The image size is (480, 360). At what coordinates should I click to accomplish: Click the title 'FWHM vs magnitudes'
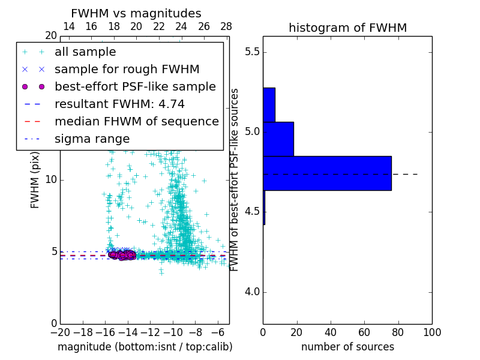pyautogui.click(x=136, y=14)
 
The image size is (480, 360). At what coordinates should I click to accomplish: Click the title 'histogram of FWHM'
pyautogui.click(x=347, y=28)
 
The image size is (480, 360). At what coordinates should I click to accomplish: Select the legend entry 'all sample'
pyautogui.click(x=85, y=52)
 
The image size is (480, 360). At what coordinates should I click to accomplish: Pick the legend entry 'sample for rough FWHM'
pyautogui.click(x=127, y=70)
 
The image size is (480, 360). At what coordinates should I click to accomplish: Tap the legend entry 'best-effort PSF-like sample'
pyautogui.click(x=135, y=87)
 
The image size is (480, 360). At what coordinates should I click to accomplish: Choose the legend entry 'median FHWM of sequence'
pyautogui.click(x=136, y=122)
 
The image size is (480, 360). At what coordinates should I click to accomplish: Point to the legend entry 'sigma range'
pyautogui.click(x=92, y=139)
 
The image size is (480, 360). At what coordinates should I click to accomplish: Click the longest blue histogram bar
pyautogui.click(x=327, y=173)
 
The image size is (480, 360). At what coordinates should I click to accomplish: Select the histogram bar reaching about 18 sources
pyautogui.click(x=278, y=139)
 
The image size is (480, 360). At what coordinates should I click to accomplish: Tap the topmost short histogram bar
pyautogui.click(x=269, y=105)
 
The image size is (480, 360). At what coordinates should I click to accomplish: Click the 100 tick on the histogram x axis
pyautogui.click(x=431, y=332)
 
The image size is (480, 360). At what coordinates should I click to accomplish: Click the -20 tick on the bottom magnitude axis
pyautogui.click(x=60, y=332)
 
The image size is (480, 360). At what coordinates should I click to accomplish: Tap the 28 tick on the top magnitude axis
pyautogui.click(x=226, y=26)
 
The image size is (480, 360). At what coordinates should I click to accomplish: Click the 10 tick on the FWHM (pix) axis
pyautogui.click(x=51, y=180)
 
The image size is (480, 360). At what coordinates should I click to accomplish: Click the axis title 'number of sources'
pyautogui.click(x=347, y=347)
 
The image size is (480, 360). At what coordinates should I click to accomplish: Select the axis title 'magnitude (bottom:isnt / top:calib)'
pyautogui.click(x=145, y=347)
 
